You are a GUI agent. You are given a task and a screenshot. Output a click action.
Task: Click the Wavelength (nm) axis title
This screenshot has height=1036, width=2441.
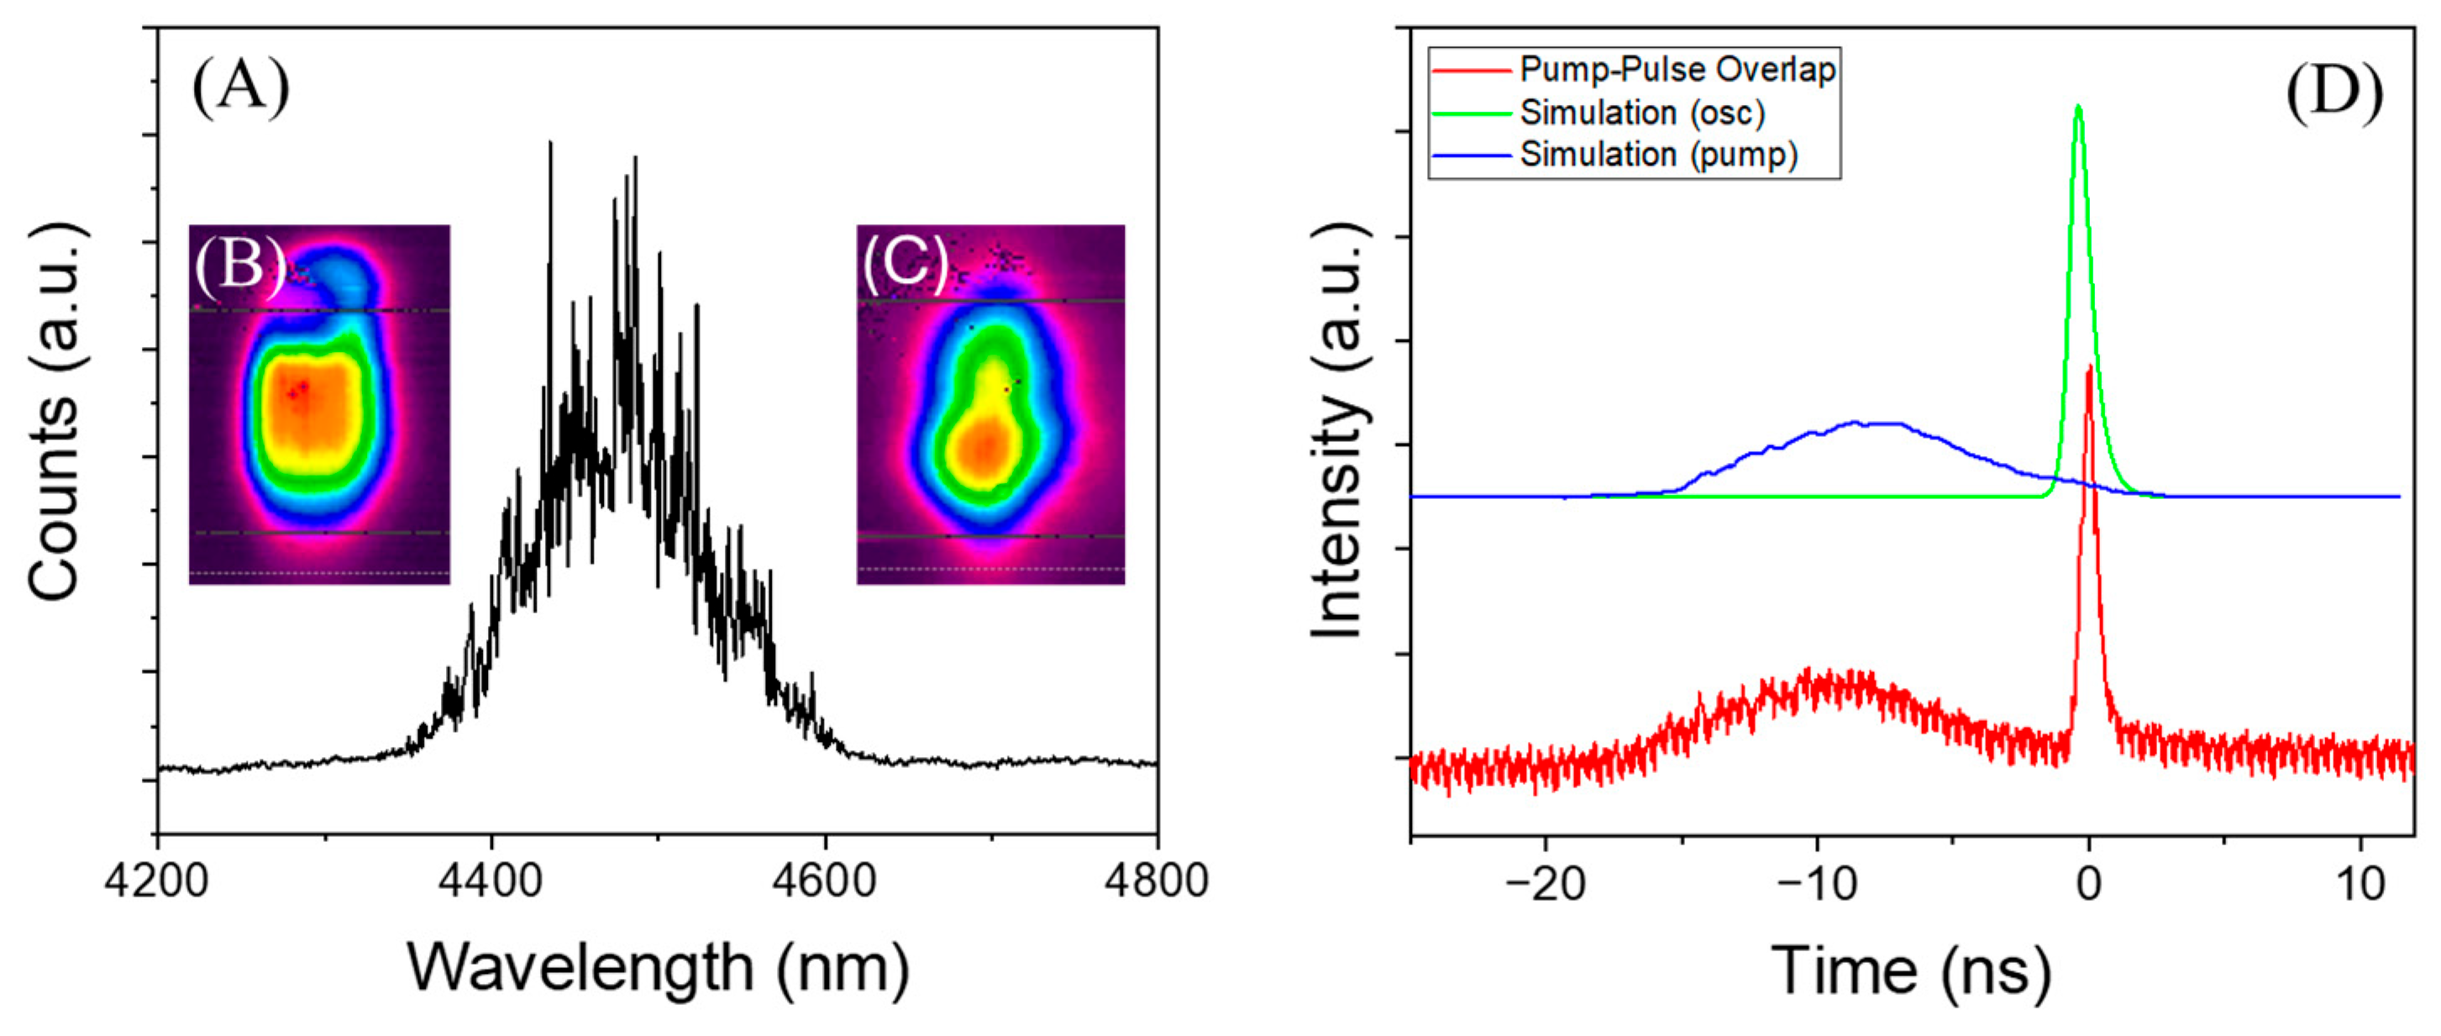(x=658, y=969)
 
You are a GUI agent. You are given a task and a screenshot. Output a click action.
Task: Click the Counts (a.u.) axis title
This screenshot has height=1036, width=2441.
(x=54, y=413)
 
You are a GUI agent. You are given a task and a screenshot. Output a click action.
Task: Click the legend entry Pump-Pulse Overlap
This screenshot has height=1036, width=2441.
(x=1677, y=70)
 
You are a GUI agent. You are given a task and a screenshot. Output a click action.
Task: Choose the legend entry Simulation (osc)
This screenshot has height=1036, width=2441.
(x=1642, y=113)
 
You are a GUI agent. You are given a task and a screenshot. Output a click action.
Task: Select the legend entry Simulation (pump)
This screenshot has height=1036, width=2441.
(x=1658, y=155)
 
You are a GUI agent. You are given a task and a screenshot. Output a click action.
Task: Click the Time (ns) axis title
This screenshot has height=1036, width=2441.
(x=1910, y=970)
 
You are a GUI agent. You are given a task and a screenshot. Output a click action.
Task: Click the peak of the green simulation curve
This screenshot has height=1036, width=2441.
(x=2078, y=106)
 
